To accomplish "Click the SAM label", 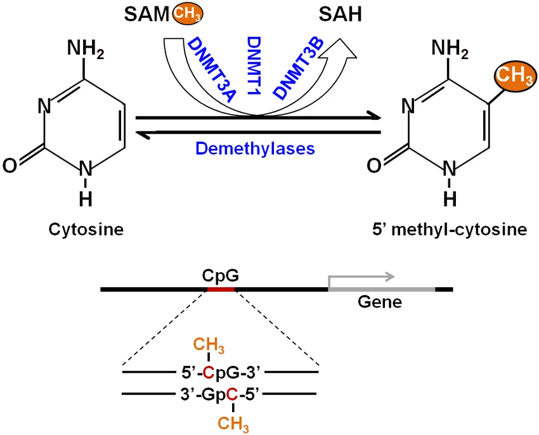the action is click(x=146, y=15).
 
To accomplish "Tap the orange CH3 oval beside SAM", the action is click(x=187, y=14).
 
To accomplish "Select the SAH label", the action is click(x=341, y=15).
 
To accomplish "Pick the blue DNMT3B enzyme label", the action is click(x=298, y=68).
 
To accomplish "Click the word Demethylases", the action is click(x=255, y=148).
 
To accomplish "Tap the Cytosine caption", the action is click(x=86, y=230).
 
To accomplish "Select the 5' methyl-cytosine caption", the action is click(x=450, y=230).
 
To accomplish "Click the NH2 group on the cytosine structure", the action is click(x=86, y=48).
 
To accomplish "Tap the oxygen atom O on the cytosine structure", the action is click(x=10, y=166).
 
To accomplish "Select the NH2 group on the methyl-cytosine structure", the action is click(x=450, y=48).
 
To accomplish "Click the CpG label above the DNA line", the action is click(x=220, y=275).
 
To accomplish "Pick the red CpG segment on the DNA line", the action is click(x=221, y=290).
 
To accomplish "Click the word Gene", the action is click(x=380, y=302).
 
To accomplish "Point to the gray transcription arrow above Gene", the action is click(x=361, y=277).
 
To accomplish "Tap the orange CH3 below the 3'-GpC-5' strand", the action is click(x=233, y=424).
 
